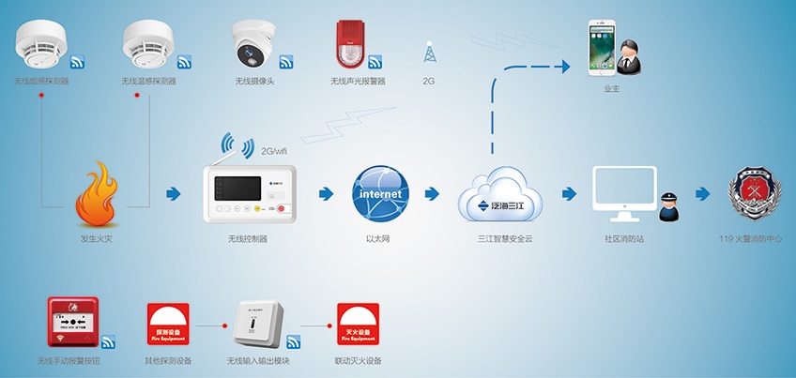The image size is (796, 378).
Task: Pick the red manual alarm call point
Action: click(x=72, y=323)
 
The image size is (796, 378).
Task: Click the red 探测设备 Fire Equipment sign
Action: click(x=169, y=325)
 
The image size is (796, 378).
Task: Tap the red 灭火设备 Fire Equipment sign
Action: click(x=358, y=325)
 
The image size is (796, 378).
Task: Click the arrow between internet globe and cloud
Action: click(x=433, y=194)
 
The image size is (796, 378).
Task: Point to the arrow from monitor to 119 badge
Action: click(x=703, y=194)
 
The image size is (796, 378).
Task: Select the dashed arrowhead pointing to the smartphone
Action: click(x=565, y=66)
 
